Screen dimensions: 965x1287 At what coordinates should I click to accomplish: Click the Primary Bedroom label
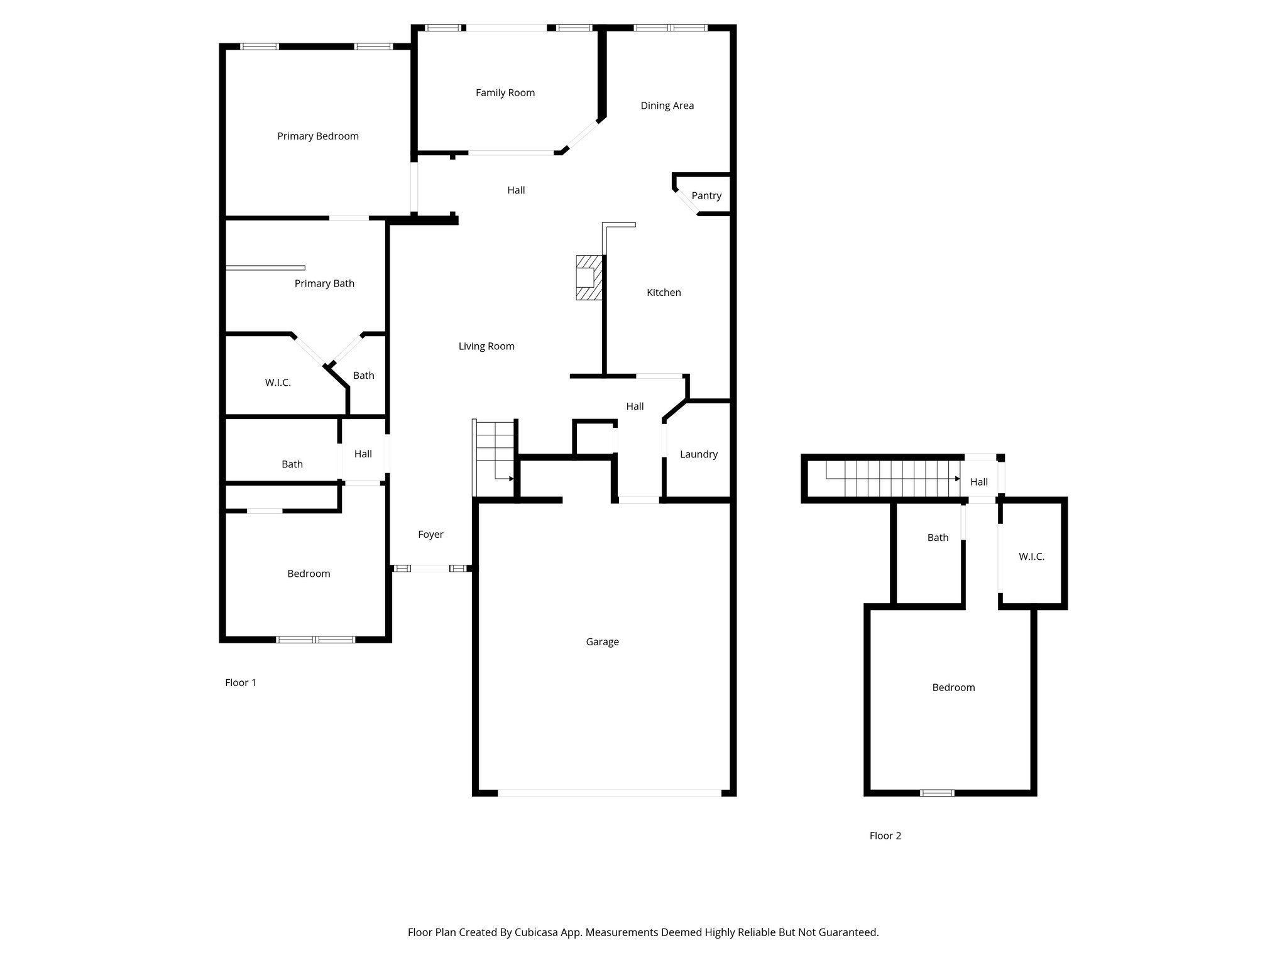[x=318, y=136]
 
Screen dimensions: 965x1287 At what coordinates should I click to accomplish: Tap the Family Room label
[x=505, y=93]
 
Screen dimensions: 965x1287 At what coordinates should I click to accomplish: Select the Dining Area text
[x=667, y=106]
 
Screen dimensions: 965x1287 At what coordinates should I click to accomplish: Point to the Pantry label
[x=706, y=196]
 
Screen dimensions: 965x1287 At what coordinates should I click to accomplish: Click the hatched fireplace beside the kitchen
[x=589, y=277]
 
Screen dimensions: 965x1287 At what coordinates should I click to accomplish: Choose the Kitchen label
[x=664, y=292]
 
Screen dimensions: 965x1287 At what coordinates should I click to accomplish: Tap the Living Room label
[x=486, y=346]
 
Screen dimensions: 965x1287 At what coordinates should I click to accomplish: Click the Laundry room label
[x=698, y=454]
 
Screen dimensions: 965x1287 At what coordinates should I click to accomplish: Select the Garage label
[x=602, y=641]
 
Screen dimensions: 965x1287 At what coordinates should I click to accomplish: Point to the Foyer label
[x=430, y=535]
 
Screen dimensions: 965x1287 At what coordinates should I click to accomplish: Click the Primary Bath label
[x=324, y=283]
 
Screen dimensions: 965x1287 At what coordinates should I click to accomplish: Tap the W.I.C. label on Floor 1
[x=278, y=383]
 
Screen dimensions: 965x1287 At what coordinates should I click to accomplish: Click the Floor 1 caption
[x=241, y=682]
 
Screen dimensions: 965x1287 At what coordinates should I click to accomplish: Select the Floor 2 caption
[x=885, y=836]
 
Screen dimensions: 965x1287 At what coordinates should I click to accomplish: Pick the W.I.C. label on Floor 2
[x=1031, y=557]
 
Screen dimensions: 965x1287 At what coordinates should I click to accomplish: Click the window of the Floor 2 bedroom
[x=937, y=793]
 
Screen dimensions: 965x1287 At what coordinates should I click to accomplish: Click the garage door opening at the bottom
[x=610, y=793]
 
